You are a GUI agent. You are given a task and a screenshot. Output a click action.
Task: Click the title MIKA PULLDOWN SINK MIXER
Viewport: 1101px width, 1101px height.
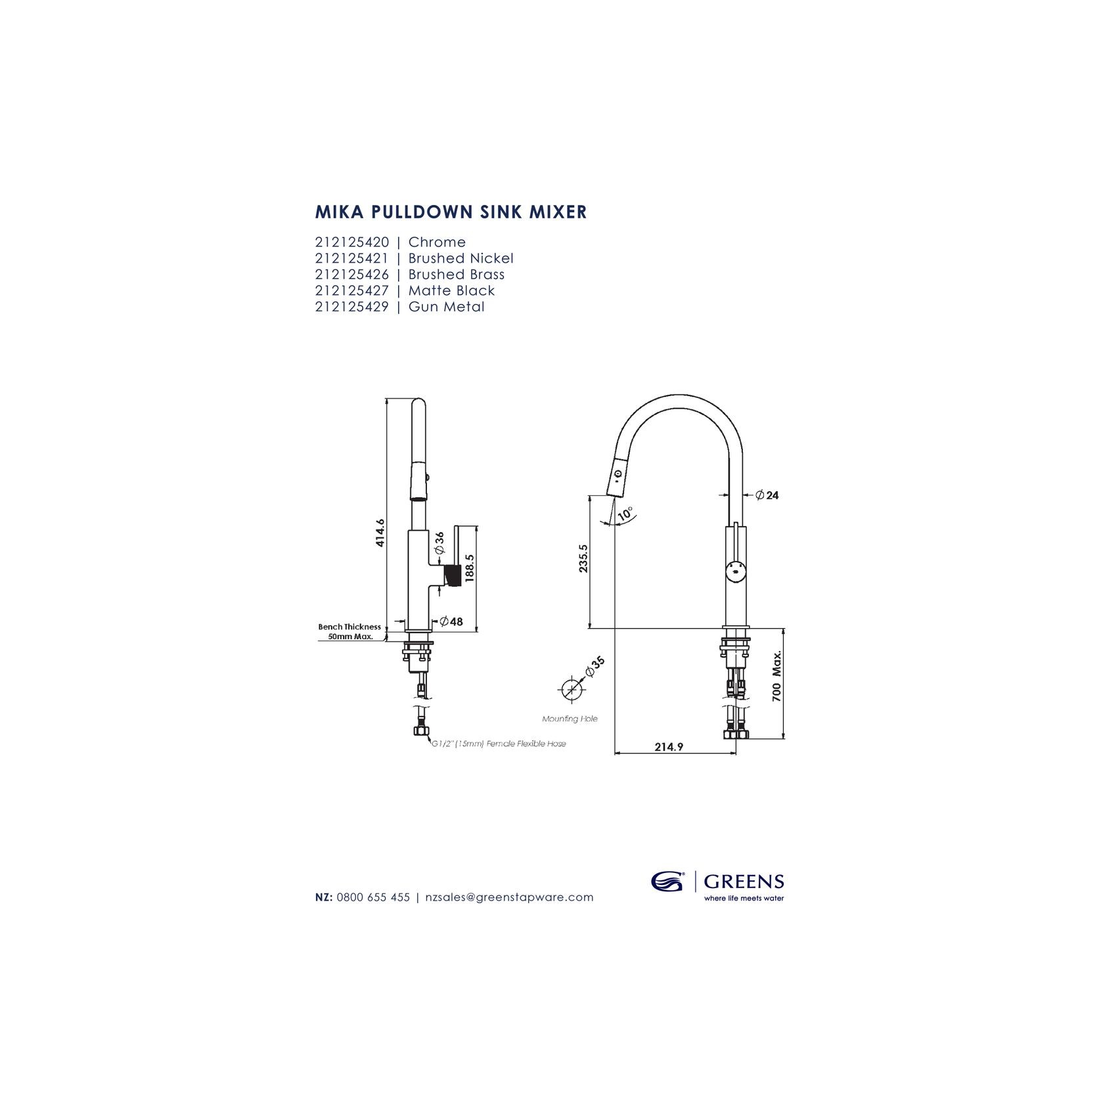[x=451, y=212]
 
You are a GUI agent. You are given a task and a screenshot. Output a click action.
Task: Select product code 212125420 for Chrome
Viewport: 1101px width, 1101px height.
[x=352, y=242]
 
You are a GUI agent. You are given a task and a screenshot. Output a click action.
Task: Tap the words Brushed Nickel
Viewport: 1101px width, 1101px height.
[x=461, y=258]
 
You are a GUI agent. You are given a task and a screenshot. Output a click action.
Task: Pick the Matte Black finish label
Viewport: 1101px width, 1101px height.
[x=452, y=290]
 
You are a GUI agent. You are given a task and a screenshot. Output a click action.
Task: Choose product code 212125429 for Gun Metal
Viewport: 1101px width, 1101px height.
[x=352, y=307]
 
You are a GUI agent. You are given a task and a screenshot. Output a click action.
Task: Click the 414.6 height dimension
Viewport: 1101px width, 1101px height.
[x=380, y=532]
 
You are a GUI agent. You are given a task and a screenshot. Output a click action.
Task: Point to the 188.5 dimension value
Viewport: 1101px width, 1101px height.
[x=469, y=568]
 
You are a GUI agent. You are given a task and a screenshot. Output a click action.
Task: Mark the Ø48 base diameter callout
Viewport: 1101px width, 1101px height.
[x=452, y=621]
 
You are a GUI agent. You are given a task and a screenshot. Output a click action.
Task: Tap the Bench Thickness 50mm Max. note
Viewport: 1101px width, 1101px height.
[x=349, y=631]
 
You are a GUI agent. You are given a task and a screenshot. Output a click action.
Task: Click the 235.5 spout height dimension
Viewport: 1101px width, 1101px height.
[x=583, y=558]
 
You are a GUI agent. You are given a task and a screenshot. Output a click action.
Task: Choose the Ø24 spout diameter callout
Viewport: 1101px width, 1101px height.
[x=767, y=495]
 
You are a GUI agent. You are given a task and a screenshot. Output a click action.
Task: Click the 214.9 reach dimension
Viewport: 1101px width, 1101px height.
[x=669, y=747]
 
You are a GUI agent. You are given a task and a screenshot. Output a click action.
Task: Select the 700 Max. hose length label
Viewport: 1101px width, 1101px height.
[x=776, y=677]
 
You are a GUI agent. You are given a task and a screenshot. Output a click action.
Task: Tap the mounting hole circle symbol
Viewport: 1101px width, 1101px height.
[x=571, y=690]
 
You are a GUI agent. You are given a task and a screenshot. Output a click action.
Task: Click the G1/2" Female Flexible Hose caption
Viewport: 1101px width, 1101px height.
[x=499, y=744]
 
